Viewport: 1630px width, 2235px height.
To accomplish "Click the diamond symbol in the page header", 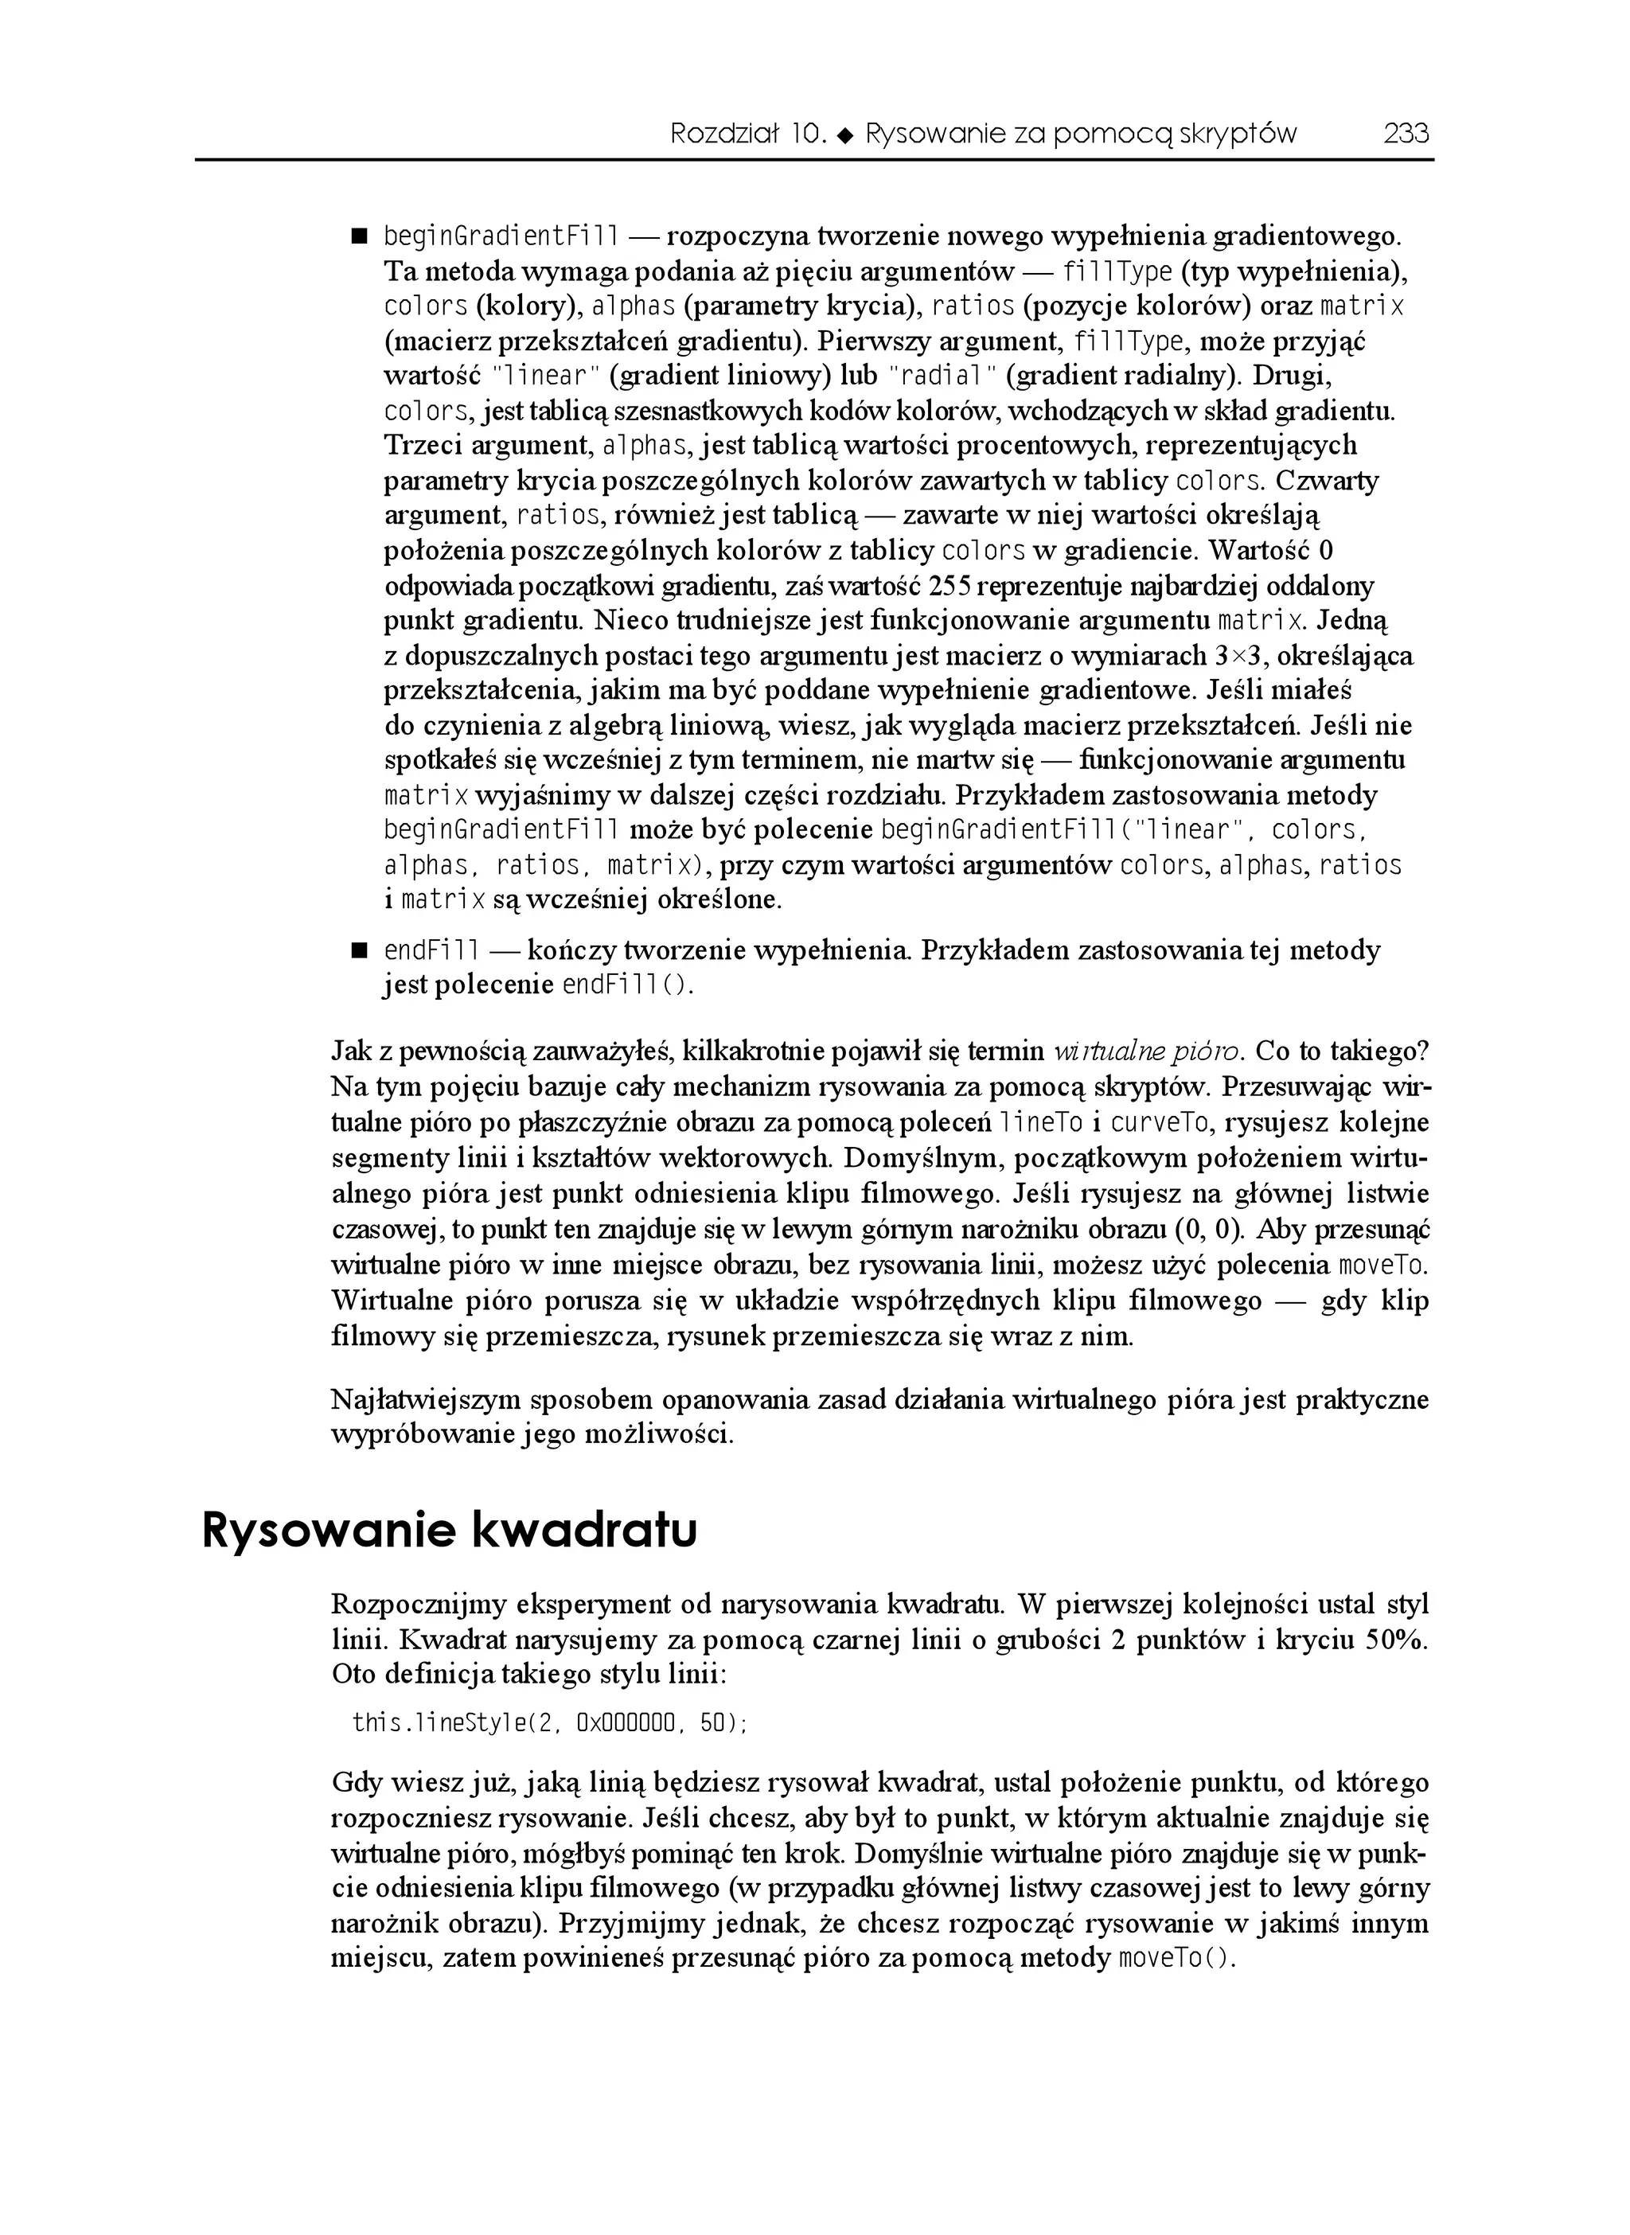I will pyautogui.click(x=844, y=135).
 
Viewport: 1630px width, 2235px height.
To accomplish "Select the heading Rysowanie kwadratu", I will pyautogui.click(x=449, y=1531).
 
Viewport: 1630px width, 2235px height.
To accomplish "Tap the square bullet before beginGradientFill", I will pyautogui.click(x=358, y=237).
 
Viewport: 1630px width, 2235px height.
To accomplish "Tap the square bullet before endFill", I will pyautogui.click(x=358, y=951).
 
